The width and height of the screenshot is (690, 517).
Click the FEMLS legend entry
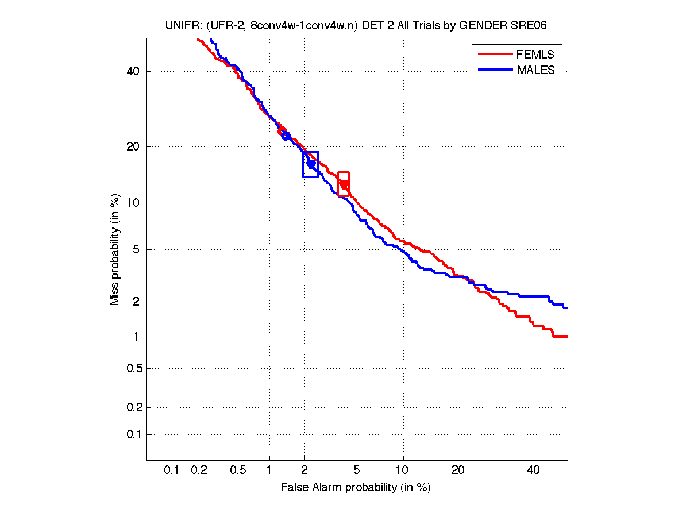click(535, 55)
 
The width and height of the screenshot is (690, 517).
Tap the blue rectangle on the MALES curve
click(311, 164)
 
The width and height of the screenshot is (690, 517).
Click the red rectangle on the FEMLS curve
click(343, 184)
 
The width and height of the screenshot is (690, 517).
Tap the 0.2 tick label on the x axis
click(199, 470)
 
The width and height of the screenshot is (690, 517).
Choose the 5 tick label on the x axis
click(357, 470)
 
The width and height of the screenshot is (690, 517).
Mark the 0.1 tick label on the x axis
click(172, 470)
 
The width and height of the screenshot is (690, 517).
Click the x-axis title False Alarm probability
click(356, 488)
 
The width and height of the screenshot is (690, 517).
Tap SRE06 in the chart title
click(536, 26)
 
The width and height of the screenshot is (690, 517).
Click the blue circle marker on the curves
click(286, 136)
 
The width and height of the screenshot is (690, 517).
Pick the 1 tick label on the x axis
click(269, 470)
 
